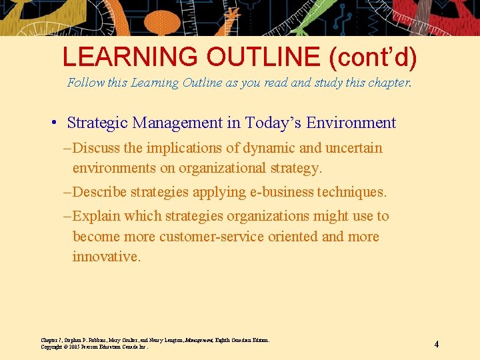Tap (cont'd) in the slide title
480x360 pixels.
click(373, 57)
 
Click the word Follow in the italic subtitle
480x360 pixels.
click(83, 83)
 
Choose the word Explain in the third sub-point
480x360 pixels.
click(97, 217)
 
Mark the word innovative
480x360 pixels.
click(106, 257)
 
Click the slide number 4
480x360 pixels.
click(436, 344)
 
